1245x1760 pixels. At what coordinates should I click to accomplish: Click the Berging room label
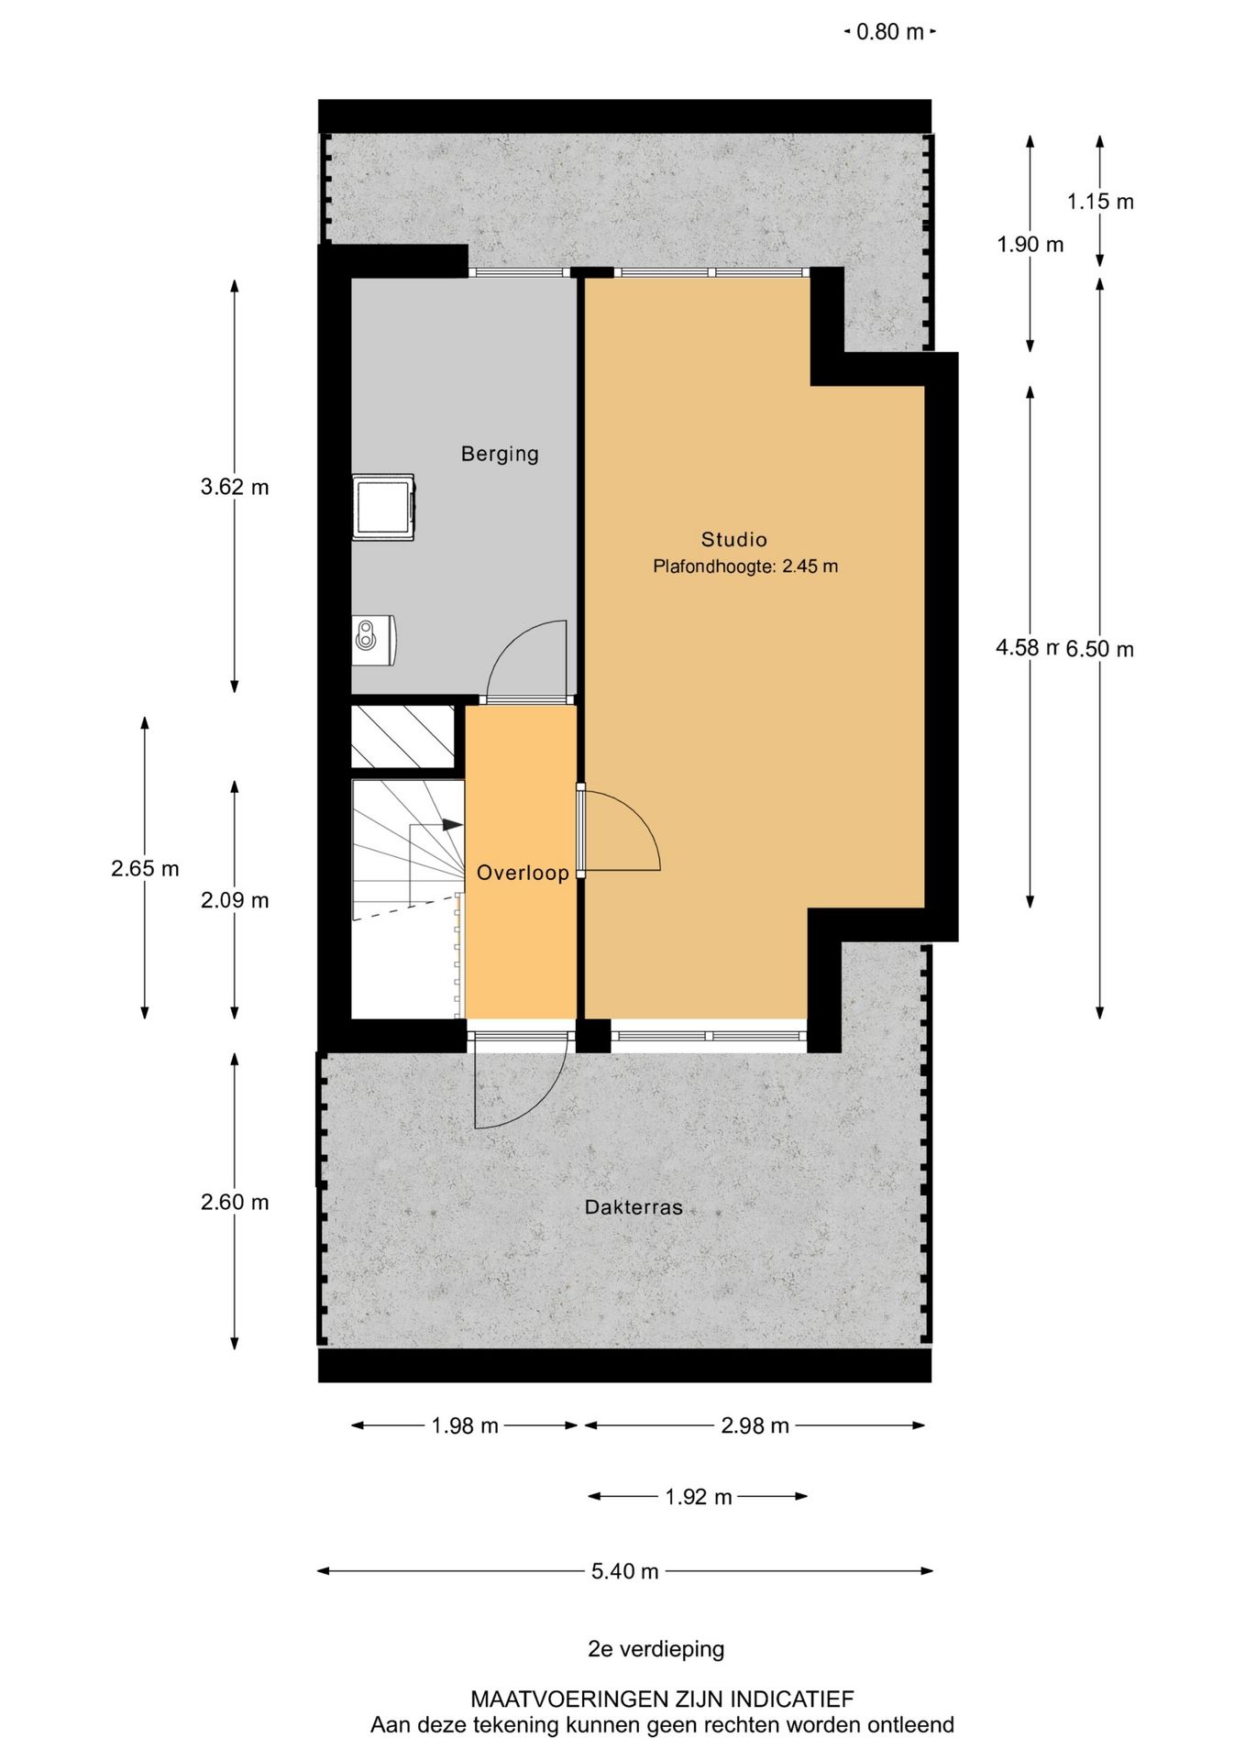tap(500, 454)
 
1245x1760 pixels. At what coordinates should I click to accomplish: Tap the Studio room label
tap(733, 539)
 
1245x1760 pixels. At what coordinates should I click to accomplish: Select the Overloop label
tap(523, 873)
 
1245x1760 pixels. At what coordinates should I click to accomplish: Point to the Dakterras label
tap(634, 1207)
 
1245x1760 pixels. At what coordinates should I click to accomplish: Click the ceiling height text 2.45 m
tap(810, 566)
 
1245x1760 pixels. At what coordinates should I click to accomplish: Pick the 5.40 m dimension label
tap(624, 1571)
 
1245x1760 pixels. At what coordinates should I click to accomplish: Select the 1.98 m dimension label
tap(465, 1425)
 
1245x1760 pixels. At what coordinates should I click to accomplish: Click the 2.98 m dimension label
tap(755, 1425)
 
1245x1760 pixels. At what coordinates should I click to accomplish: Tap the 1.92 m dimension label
tap(698, 1497)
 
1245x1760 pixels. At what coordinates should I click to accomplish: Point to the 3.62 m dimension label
tap(235, 487)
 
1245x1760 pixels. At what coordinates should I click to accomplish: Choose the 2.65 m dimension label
tap(145, 868)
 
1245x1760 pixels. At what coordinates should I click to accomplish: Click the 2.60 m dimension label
tap(235, 1202)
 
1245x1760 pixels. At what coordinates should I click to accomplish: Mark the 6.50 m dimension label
tap(1099, 649)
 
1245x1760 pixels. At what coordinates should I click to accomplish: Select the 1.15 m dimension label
tap(1100, 202)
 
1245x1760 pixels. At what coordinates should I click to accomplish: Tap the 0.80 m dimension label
tap(889, 32)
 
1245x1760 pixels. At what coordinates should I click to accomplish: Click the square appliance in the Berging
tap(384, 507)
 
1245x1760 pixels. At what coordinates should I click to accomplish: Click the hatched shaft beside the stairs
tap(403, 736)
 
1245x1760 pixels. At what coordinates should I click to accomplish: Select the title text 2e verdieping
tap(656, 1649)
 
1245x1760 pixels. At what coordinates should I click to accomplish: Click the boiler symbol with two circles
tap(374, 639)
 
